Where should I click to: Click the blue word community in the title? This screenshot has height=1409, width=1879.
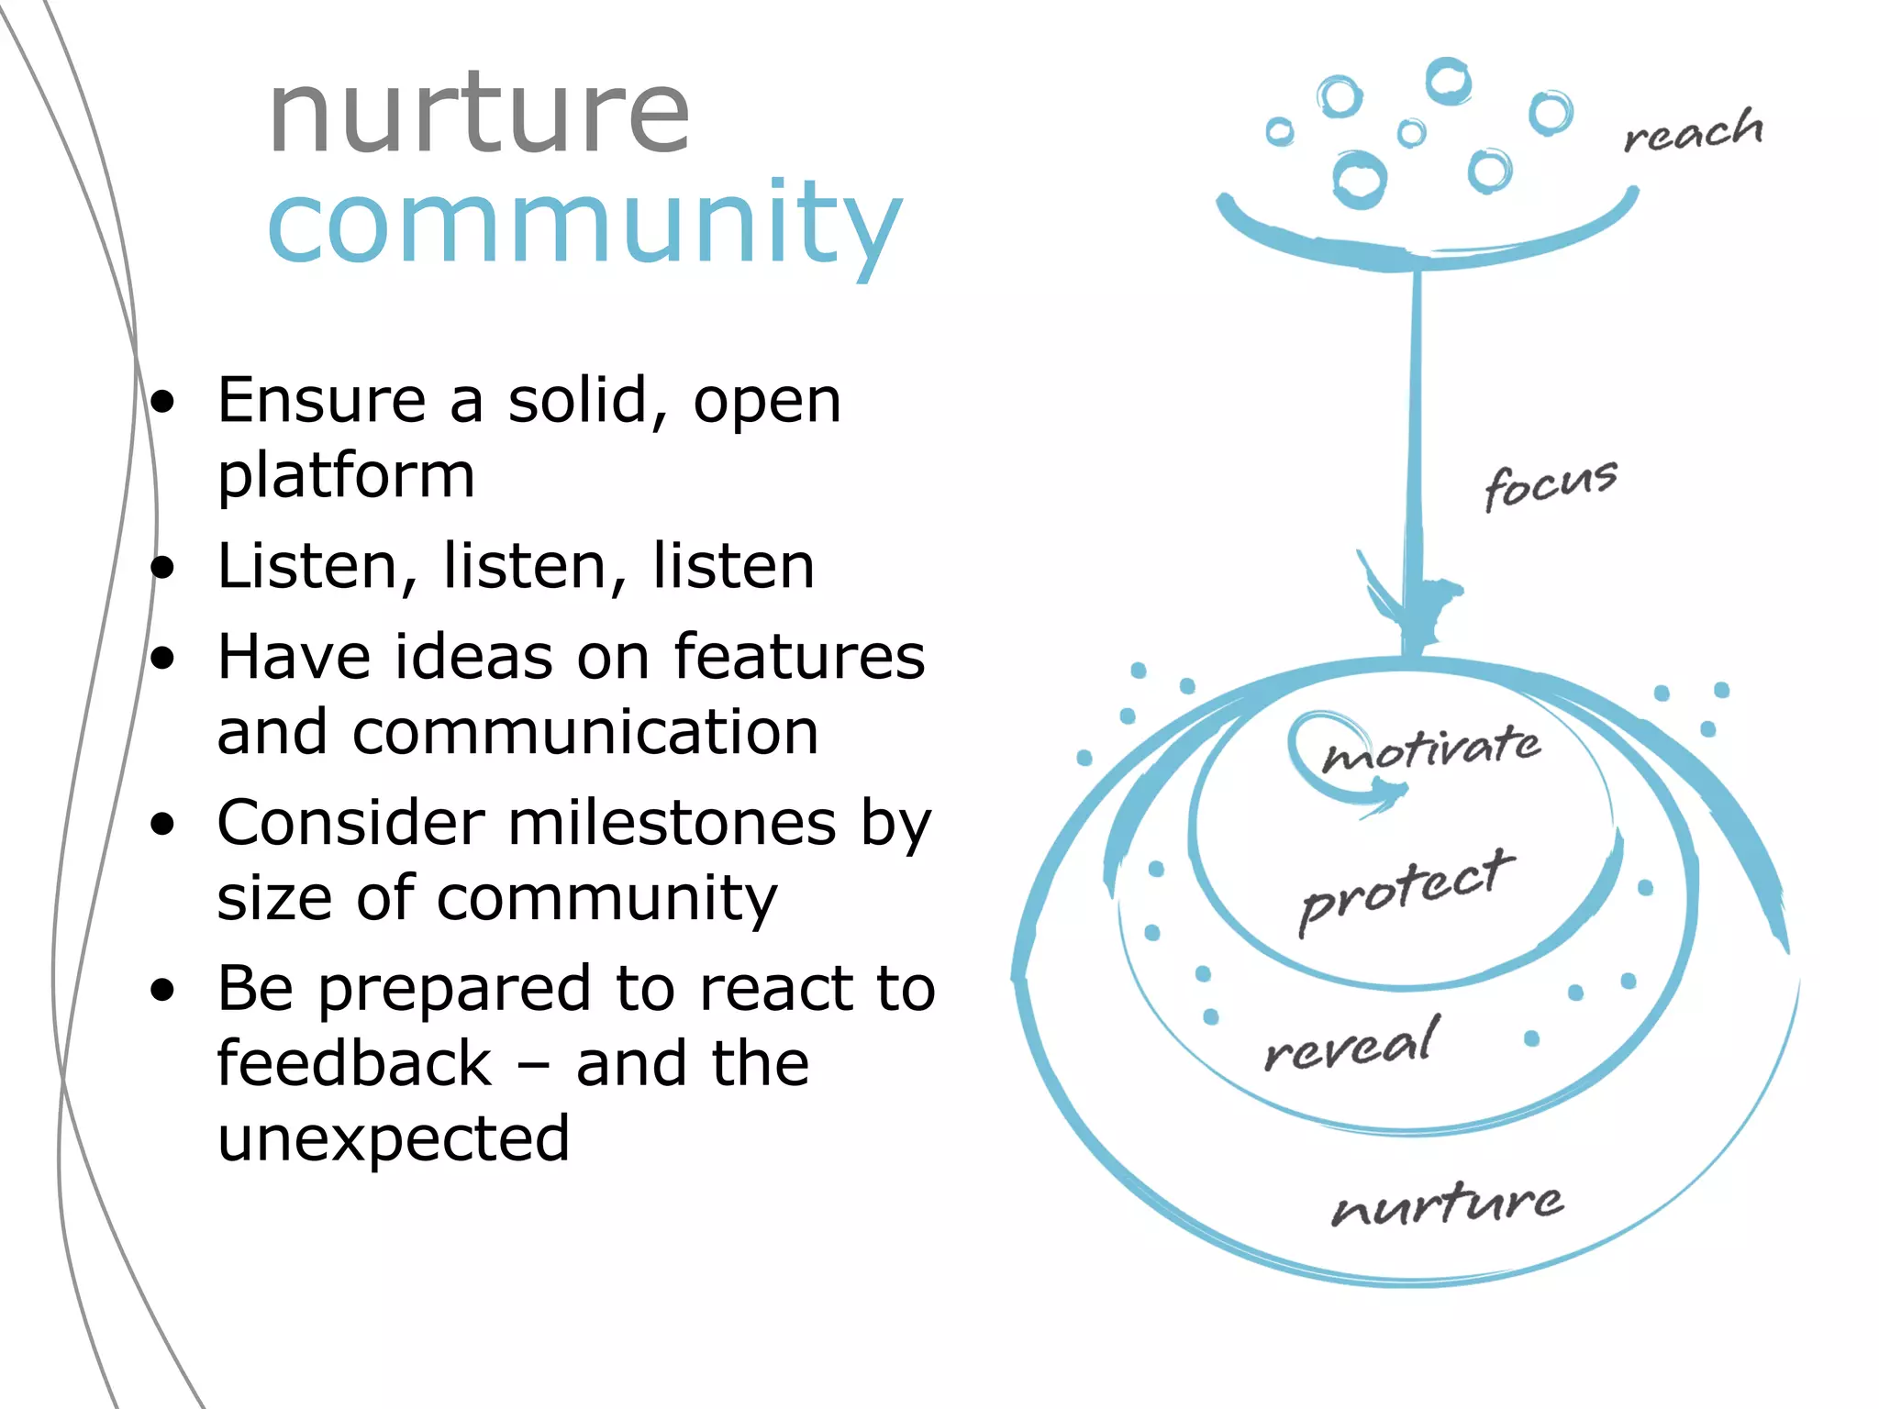(584, 224)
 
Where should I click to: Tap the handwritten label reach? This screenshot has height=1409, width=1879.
(1693, 131)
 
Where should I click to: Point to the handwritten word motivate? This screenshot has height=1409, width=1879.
(1432, 748)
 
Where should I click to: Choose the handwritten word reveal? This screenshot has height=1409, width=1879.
(1351, 1045)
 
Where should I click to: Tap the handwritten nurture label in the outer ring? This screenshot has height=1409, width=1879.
(1447, 1204)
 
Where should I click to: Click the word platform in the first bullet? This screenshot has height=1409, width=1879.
(346, 476)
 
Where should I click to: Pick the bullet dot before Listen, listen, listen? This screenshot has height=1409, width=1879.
(163, 568)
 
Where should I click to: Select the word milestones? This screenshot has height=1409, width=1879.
(673, 822)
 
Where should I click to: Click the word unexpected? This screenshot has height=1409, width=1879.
(394, 1138)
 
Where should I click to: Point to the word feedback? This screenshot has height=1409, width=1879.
(354, 1063)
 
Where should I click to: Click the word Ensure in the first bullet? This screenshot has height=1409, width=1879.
(322, 401)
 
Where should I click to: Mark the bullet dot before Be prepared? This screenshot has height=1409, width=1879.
(163, 991)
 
